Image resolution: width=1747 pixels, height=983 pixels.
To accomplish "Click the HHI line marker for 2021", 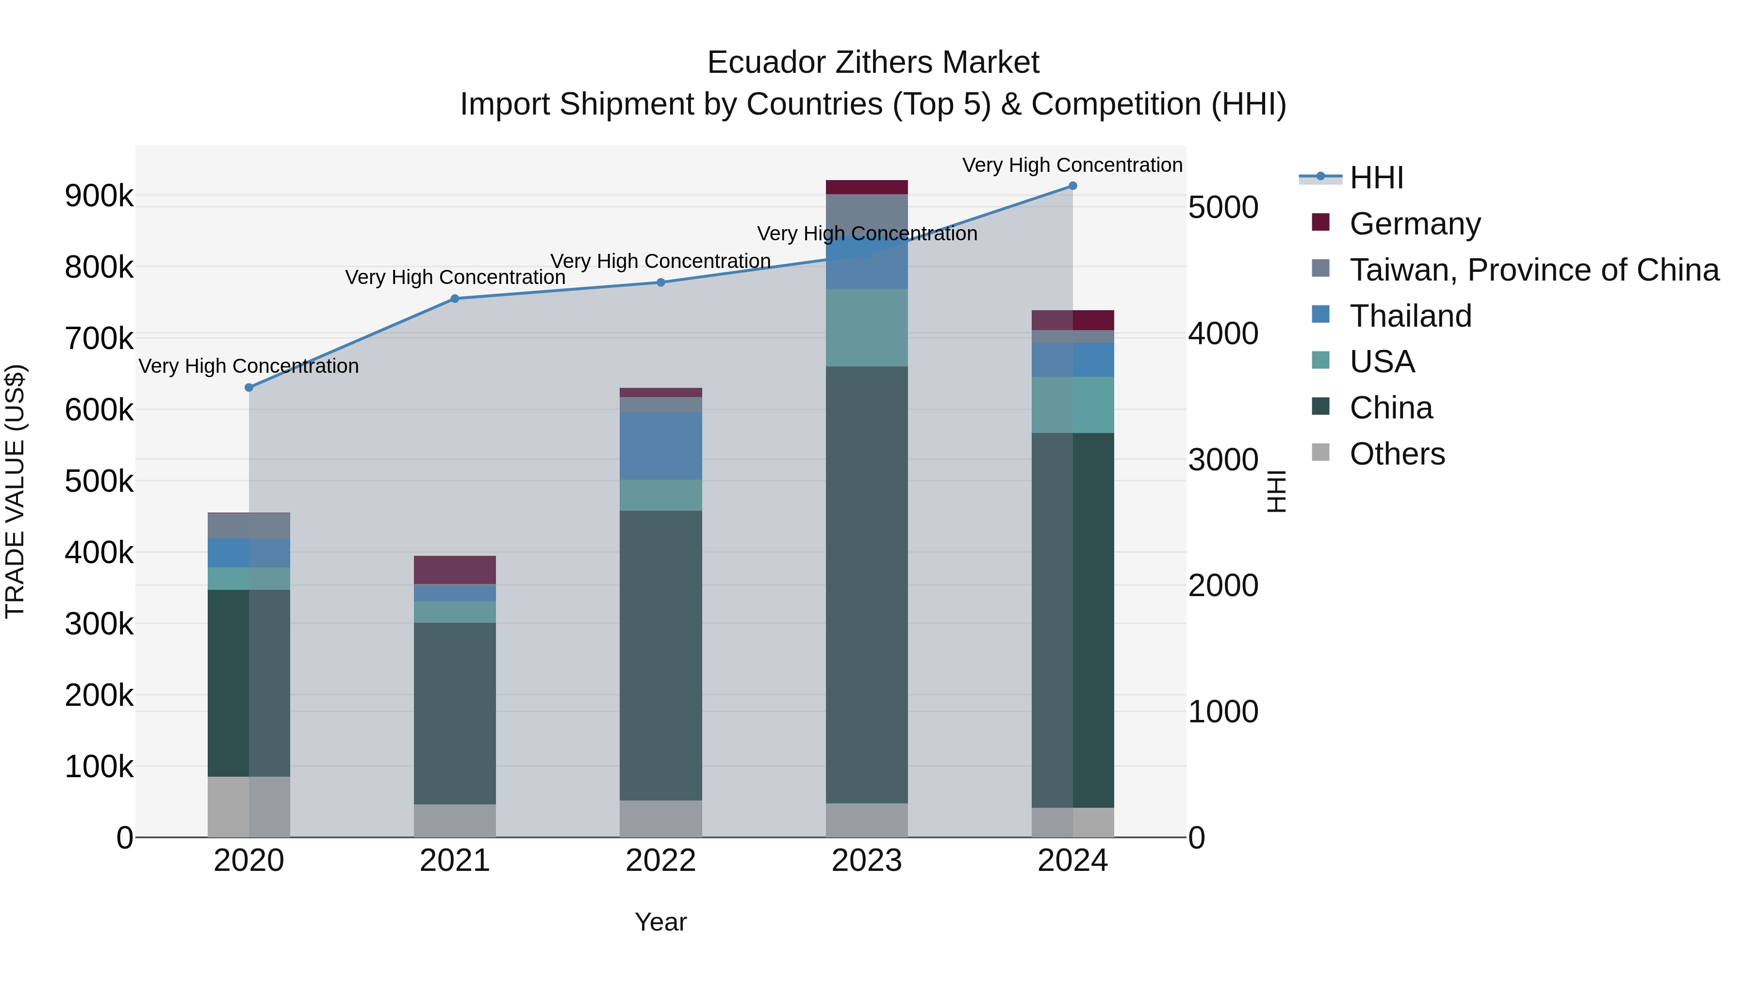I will click(455, 299).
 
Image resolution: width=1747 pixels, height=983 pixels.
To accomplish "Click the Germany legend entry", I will click(1415, 224).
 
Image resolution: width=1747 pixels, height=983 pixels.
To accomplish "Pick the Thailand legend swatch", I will click(1320, 315).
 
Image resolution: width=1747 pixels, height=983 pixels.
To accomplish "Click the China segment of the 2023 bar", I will click(867, 583).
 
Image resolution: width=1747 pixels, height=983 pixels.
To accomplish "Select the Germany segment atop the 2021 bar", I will click(455, 570).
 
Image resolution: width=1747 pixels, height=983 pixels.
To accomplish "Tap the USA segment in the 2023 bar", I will click(867, 328).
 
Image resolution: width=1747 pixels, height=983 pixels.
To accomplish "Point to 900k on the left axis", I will click(99, 196).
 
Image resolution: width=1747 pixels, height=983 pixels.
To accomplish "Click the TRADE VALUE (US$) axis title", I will click(15, 491).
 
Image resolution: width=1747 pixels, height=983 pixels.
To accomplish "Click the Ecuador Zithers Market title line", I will click(873, 63).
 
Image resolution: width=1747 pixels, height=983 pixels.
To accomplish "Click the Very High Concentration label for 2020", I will click(249, 367).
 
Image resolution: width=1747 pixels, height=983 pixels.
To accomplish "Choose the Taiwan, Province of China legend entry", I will click(1534, 270).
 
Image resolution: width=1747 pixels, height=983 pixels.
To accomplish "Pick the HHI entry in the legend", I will click(1376, 178).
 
